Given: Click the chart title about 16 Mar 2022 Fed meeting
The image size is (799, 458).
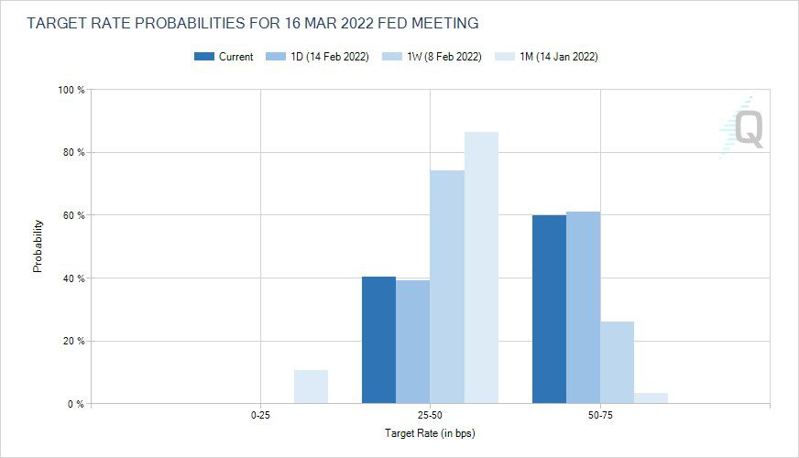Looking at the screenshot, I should point(252,21).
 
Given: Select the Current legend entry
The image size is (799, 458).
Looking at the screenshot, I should point(224,57).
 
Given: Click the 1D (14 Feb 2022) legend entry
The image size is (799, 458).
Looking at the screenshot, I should point(317,57).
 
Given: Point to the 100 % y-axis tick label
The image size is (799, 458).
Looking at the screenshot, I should point(71,90).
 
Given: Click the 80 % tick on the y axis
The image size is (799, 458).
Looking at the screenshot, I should point(73,153).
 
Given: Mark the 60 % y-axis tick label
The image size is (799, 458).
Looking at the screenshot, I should point(73,215).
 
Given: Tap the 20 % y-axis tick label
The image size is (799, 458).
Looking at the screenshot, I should point(73,342).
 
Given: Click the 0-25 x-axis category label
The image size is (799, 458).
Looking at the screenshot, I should point(260,415).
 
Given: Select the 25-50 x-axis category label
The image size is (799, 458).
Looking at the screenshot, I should point(430,415).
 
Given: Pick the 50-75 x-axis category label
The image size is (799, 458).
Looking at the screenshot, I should point(600,415).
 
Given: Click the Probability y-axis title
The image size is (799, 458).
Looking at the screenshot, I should point(38,245).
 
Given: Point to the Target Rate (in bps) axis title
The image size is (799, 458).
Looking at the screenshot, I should point(430,431).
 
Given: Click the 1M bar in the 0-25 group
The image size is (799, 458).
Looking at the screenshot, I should point(311,387).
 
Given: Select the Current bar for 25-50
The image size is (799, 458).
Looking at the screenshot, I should point(378,340).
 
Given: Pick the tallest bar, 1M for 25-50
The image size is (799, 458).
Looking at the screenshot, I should point(481,267).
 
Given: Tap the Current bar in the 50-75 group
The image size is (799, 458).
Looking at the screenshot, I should point(549,310).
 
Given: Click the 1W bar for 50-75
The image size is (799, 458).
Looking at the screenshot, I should point(617,363).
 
